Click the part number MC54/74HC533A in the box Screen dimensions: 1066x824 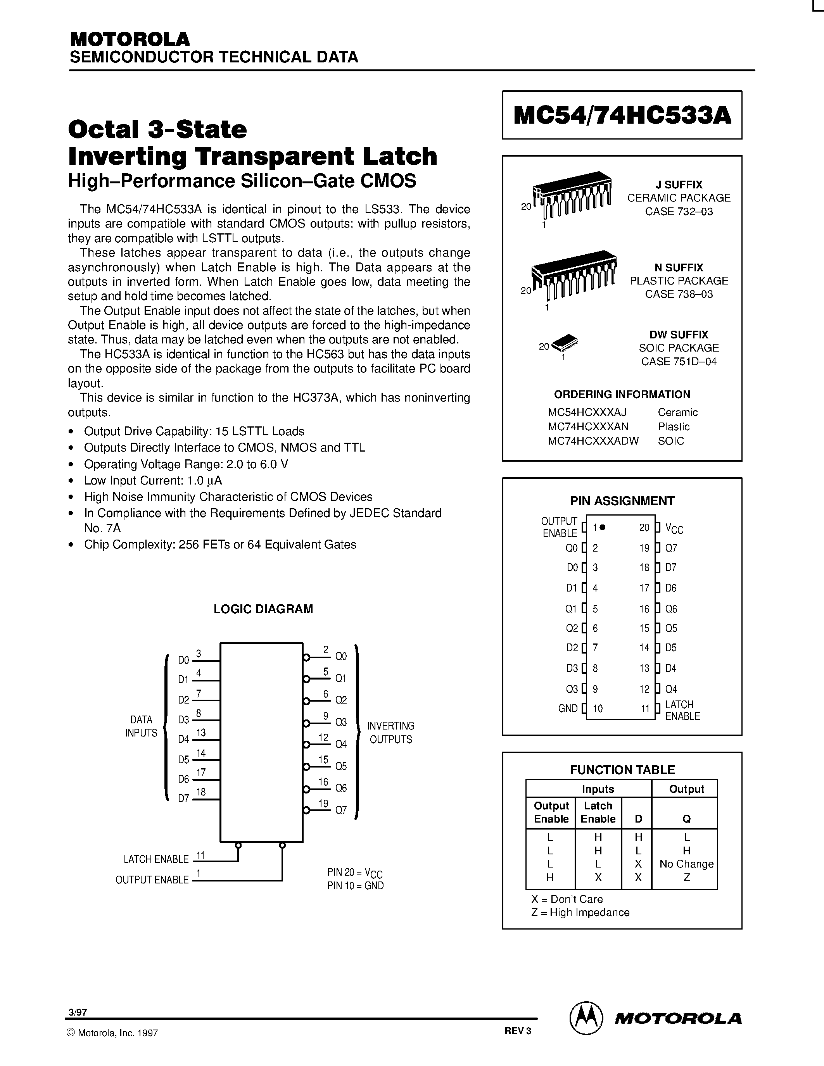click(622, 116)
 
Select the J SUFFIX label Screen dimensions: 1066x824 click(679, 185)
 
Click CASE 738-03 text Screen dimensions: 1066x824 click(679, 294)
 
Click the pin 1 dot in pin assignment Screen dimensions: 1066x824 click(603, 527)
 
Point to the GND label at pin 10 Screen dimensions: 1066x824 click(568, 709)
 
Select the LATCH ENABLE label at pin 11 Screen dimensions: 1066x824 click(682, 710)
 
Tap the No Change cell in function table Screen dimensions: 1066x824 click(686, 864)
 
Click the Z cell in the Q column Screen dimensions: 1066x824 click(686, 877)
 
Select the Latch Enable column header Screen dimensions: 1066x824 click(598, 812)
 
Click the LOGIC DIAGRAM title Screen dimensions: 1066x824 click(263, 609)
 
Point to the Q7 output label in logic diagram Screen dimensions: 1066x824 click(341, 810)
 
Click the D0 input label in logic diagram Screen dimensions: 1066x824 click(183, 661)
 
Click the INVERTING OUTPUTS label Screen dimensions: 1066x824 click(390, 733)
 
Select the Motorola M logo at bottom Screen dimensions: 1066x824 click(584, 1017)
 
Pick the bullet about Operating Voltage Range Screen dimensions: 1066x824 click(185, 464)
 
